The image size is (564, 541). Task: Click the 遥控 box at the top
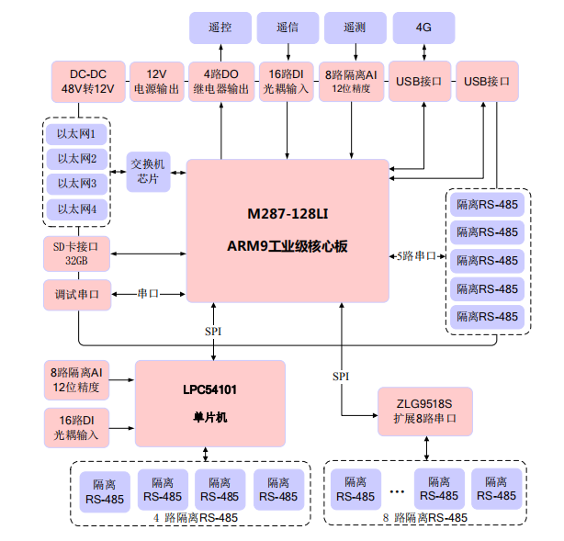[220, 28]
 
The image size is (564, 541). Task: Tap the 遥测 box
[354, 28]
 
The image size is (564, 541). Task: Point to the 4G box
[423, 28]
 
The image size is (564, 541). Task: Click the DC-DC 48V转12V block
[81, 82]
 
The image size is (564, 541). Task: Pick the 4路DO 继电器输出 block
[220, 82]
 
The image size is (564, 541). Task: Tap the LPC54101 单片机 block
[209, 403]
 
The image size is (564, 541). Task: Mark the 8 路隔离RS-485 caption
[424, 517]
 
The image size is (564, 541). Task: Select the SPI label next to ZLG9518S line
[341, 377]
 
